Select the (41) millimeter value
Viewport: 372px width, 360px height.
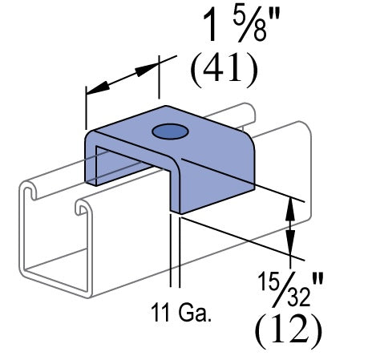(224, 71)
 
